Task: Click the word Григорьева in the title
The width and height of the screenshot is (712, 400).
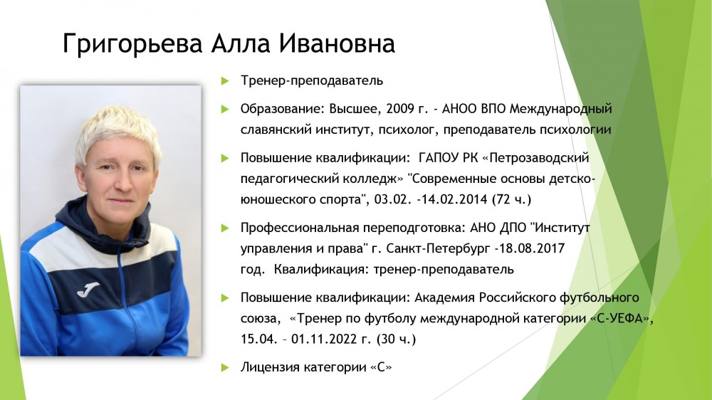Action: point(132,44)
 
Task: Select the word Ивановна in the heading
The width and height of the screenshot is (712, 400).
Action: point(337,43)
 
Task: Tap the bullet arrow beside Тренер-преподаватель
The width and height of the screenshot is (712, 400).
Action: point(225,81)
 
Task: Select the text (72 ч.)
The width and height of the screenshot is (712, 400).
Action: point(511,199)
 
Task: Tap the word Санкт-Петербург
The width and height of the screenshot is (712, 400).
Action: point(438,249)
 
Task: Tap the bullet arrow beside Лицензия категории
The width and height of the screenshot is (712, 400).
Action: point(225,367)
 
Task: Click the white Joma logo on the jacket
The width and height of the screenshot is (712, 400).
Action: point(88,289)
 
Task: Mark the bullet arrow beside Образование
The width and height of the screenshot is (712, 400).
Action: point(225,110)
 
